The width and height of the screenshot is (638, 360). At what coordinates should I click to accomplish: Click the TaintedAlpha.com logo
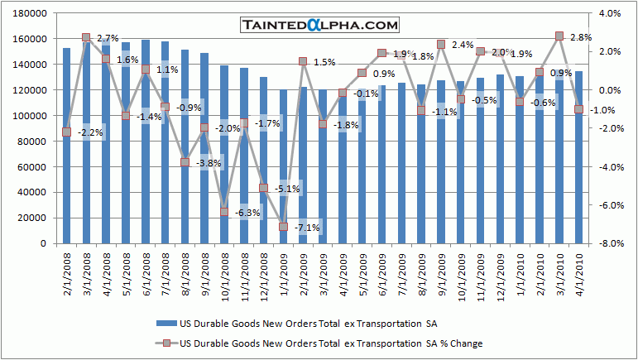[319, 26]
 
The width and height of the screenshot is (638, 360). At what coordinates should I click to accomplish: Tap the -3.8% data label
[209, 163]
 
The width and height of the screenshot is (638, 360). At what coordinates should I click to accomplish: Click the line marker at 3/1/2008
[86, 38]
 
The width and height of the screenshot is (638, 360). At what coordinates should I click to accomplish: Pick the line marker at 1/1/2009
[283, 227]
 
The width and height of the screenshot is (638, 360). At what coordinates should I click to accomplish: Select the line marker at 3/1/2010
[559, 36]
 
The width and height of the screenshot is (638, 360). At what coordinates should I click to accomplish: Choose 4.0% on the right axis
[608, 14]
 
